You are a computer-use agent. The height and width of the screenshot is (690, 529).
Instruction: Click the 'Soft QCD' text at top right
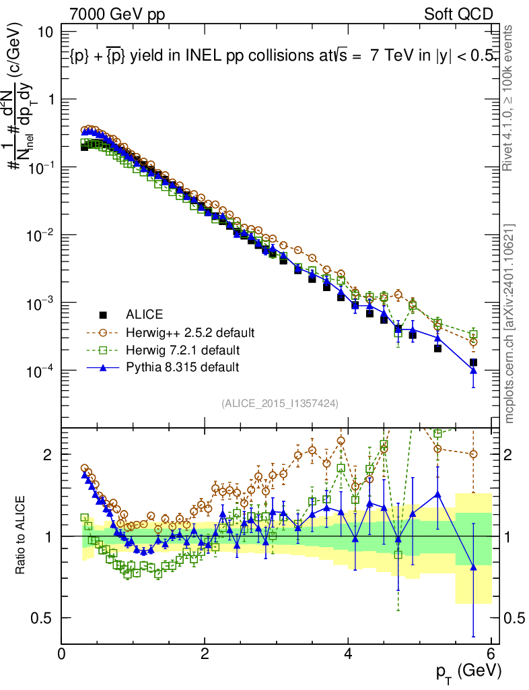click(458, 14)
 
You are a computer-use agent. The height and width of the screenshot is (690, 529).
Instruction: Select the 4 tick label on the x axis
click(349, 654)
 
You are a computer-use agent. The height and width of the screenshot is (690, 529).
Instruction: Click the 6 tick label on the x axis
click(492, 654)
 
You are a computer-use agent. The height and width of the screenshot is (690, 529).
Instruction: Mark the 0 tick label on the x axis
click(62, 654)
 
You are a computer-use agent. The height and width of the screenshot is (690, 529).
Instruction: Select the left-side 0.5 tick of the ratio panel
click(46, 618)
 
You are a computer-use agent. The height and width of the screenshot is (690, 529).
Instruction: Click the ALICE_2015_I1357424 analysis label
click(279, 403)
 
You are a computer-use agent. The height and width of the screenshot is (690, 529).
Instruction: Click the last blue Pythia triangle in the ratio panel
click(473, 567)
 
